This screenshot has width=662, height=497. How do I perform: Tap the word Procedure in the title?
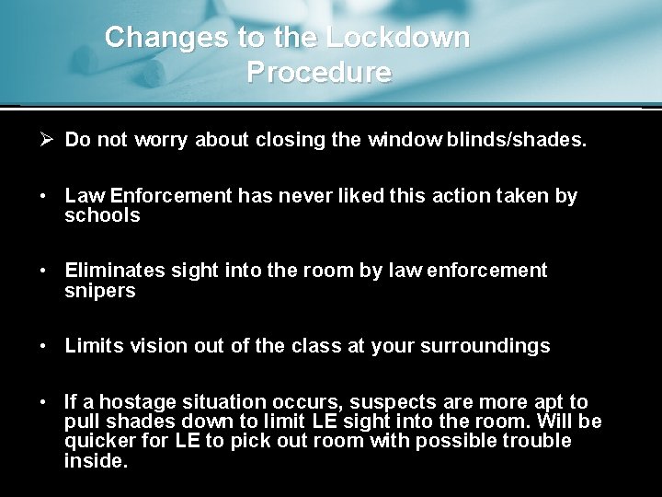(x=319, y=72)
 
